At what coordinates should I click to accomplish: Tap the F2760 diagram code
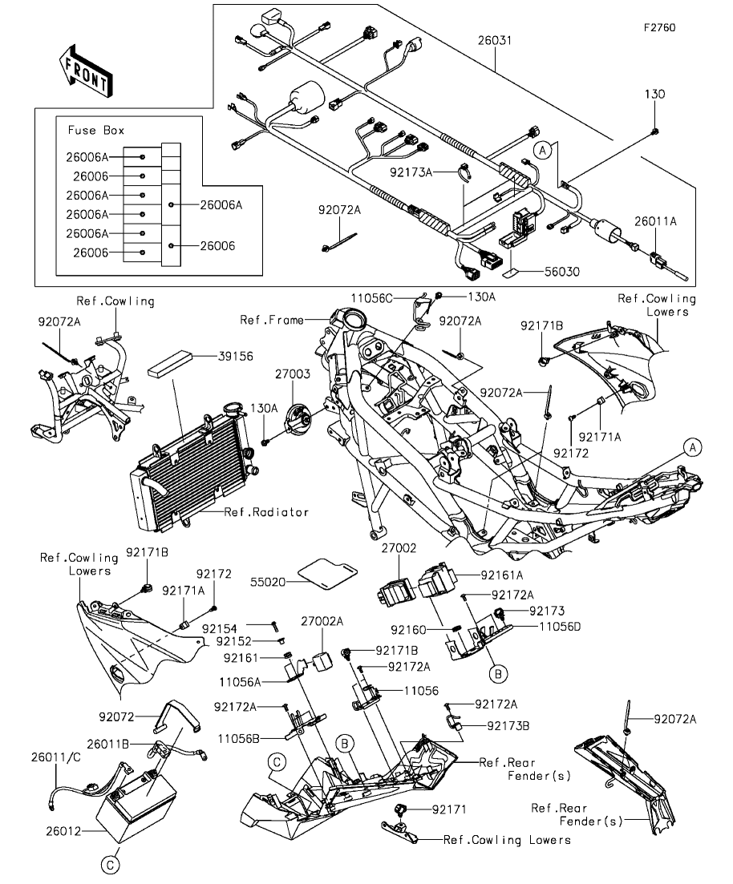pos(659,27)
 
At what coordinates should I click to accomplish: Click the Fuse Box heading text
pos(96,130)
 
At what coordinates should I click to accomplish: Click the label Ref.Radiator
pos(266,511)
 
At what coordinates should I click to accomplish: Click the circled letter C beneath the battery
pos(111,864)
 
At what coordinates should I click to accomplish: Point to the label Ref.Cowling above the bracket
pos(115,301)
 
